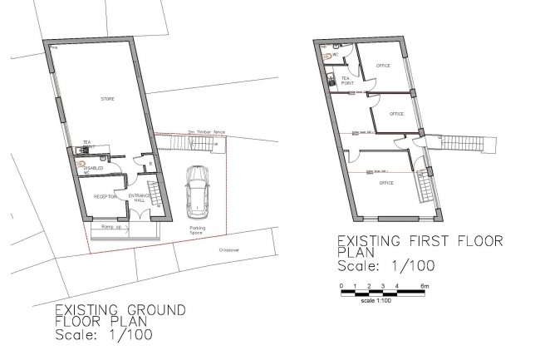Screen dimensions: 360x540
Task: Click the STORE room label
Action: tap(107, 99)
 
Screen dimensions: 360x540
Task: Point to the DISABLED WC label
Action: tap(91, 170)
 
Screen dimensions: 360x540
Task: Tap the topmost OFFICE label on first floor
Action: tap(383, 66)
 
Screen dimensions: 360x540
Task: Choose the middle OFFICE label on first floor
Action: tap(395, 114)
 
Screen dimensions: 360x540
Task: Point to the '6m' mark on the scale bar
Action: tap(425, 286)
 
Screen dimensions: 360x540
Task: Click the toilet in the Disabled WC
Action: tap(81, 164)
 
